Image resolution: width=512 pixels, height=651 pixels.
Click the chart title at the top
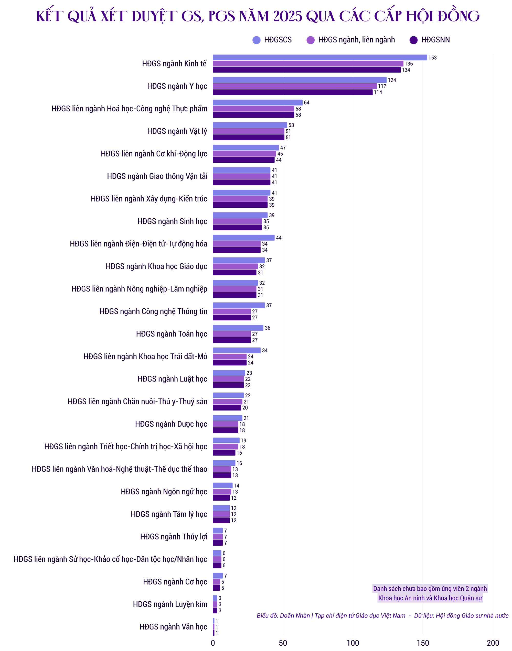[x=258, y=16]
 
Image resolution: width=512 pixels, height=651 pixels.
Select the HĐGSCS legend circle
[x=257, y=40]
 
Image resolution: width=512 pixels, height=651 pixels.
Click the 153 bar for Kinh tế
[x=320, y=58]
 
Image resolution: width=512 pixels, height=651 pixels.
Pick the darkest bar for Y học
[x=293, y=92]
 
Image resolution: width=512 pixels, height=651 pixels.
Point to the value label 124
[x=392, y=80]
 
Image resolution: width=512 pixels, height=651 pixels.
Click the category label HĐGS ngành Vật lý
[x=177, y=131]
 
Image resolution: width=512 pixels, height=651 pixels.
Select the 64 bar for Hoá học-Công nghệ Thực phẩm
[x=258, y=103]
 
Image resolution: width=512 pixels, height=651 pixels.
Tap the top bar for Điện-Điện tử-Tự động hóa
[x=244, y=238]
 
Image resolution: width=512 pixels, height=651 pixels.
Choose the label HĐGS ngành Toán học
[x=172, y=334]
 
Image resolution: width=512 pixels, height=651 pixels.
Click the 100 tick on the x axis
[x=353, y=643]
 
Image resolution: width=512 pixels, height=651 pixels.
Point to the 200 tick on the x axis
[x=493, y=643]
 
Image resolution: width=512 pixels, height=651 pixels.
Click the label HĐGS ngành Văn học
[x=173, y=627]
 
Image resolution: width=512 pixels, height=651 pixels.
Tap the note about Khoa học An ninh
[x=430, y=593]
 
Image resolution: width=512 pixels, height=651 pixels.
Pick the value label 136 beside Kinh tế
[x=409, y=64]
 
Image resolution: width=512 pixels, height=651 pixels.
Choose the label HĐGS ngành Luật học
[x=172, y=379]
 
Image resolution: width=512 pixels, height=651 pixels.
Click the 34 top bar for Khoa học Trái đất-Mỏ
[x=237, y=350]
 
